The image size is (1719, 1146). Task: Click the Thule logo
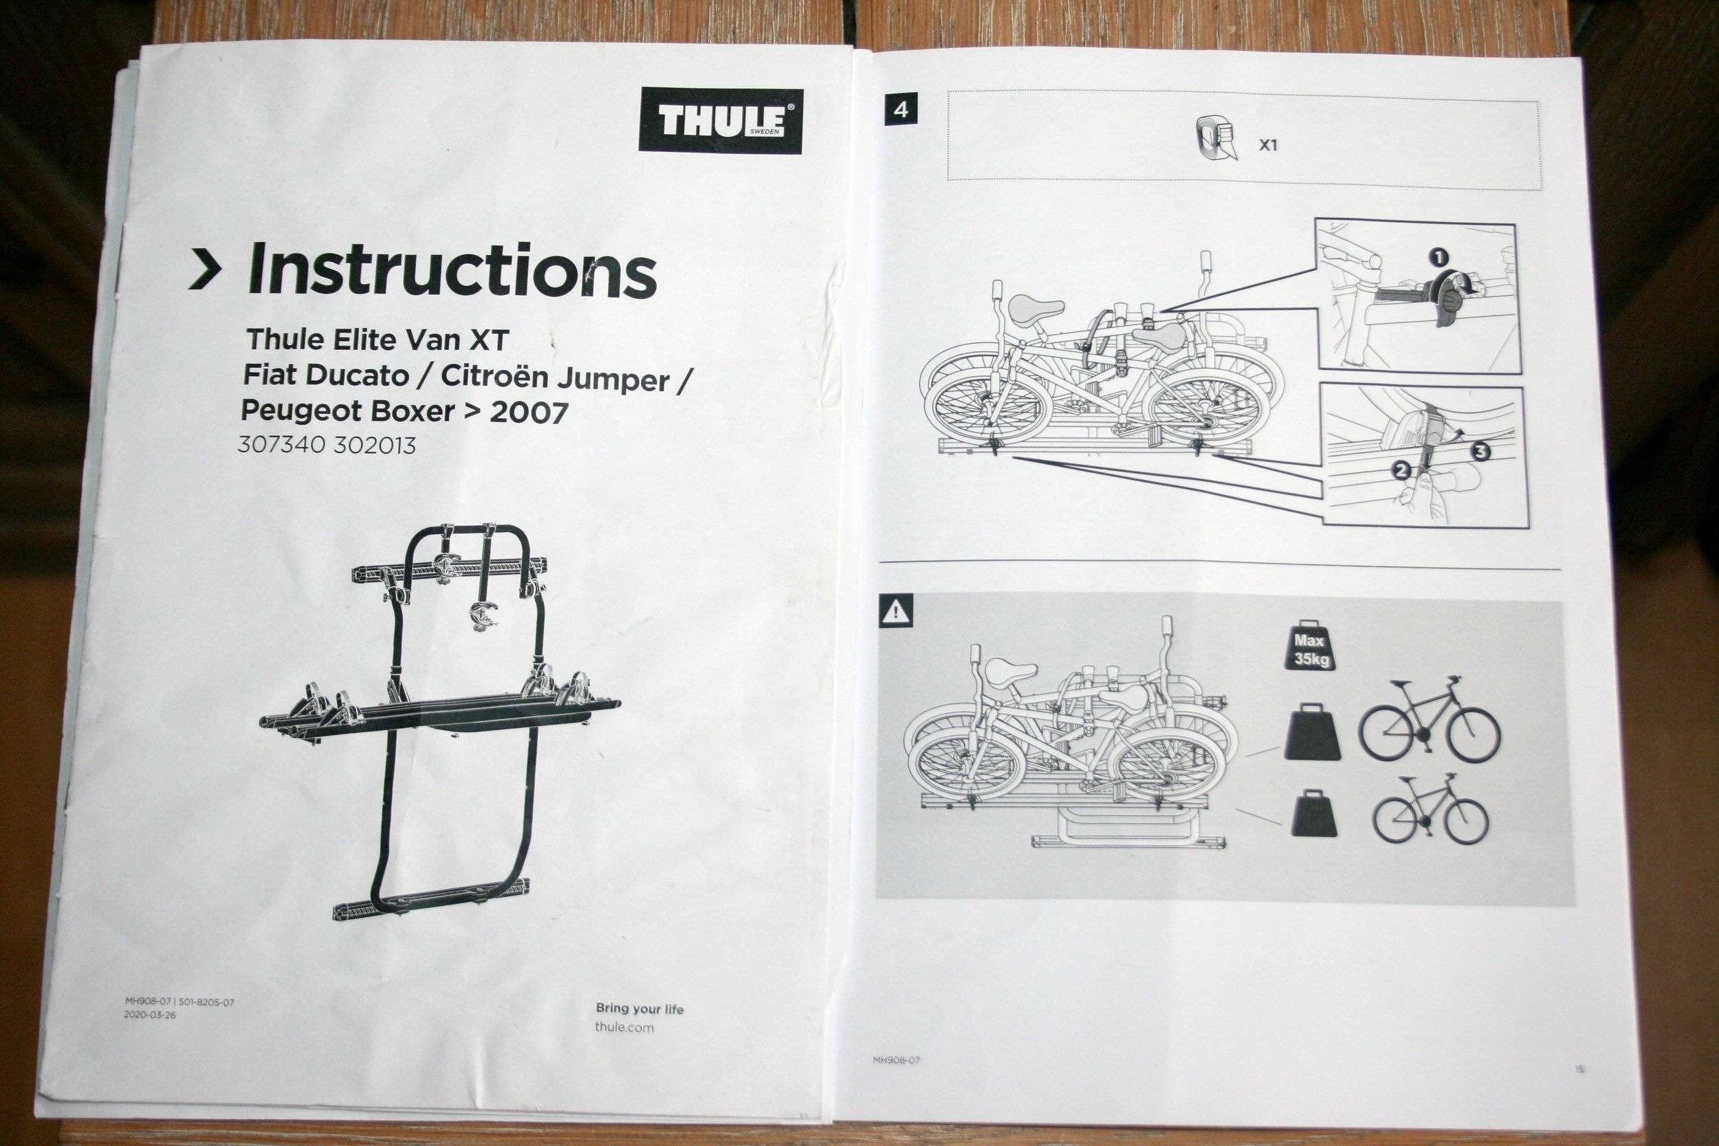click(x=721, y=120)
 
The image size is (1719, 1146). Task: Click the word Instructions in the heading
click(x=452, y=272)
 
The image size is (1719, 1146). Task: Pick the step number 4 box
click(x=901, y=111)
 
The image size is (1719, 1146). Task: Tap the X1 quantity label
click(x=1268, y=145)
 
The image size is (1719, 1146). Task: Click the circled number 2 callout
click(x=1401, y=472)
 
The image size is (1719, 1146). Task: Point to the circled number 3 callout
click(x=1480, y=452)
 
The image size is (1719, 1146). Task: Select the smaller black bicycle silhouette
click(x=1430, y=811)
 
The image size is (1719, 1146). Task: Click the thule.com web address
click(x=624, y=1027)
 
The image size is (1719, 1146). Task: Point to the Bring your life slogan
click(x=639, y=1009)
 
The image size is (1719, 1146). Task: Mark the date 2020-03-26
click(x=150, y=1015)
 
